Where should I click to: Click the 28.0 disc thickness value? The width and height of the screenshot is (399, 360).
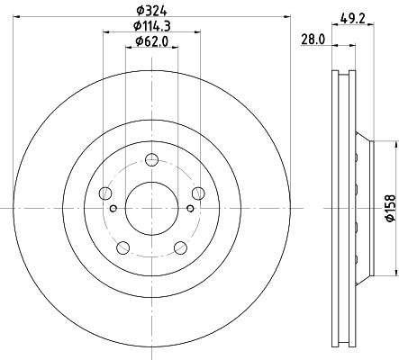pos(313,38)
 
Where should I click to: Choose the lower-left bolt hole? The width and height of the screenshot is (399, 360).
pos(123,245)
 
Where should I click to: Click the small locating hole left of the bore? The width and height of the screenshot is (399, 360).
pos(113,208)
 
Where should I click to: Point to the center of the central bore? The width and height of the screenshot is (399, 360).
pos(150,208)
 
